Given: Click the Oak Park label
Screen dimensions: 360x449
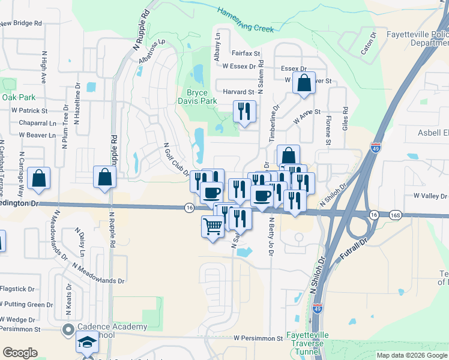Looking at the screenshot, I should click(19, 97).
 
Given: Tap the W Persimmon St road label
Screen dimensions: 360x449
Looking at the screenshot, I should click(258, 338).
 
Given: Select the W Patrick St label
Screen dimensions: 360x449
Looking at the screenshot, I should click(29, 110).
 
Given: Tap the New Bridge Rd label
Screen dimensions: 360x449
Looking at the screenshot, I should click(21, 23).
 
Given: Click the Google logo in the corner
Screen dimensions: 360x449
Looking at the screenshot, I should click(20, 353).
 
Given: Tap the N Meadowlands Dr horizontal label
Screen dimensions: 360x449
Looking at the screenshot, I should click(98, 273).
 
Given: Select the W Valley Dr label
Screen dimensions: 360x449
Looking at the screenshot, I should click(430, 196).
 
